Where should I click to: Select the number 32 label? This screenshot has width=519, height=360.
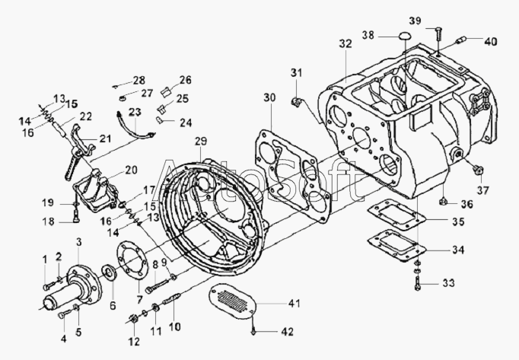[x=345, y=45]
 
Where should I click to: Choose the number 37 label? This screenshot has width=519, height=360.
[x=483, y=189]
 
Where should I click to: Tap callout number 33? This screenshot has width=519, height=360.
[x=448, y=283]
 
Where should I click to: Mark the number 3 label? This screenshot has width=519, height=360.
[x=78, y=242]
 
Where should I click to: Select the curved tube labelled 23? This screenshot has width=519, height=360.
[x=133, y=129]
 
